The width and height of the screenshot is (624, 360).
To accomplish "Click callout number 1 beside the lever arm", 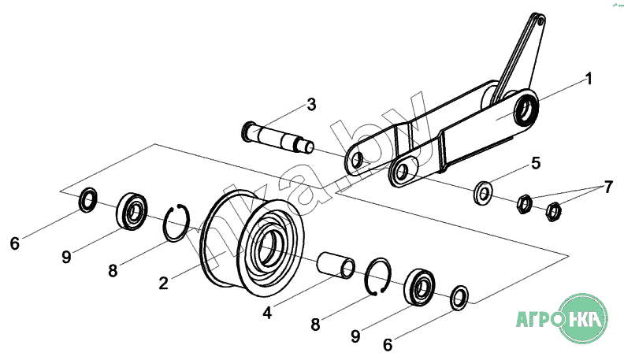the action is [589, 78].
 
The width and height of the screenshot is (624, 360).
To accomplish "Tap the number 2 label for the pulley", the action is [164, 284].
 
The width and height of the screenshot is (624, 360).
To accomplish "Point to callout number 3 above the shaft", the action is [311, 104].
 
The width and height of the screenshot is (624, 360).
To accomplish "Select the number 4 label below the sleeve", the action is [267, 313].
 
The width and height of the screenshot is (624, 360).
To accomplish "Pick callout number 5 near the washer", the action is [536, 163].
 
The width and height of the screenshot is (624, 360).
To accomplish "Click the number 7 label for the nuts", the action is [608, 187].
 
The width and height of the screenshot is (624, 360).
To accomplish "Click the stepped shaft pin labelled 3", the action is [278, 137].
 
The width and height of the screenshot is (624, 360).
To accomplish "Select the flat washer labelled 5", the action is [483, 193].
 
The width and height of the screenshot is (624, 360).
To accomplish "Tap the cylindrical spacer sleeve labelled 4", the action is [336, 265].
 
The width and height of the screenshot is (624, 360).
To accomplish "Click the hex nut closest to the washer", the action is [524, 204].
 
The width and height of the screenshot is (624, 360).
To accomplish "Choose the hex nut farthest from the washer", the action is [553, 212].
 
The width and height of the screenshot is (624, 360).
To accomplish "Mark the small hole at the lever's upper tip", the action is [540, 23].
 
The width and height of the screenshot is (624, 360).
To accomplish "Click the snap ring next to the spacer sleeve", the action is [377, 276].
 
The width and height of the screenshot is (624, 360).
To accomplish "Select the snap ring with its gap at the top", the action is [176, 223].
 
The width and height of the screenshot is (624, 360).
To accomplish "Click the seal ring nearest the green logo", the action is [459, 298].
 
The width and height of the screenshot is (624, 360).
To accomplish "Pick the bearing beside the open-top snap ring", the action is [132, 211].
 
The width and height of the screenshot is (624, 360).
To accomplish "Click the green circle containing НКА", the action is [583, 318].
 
